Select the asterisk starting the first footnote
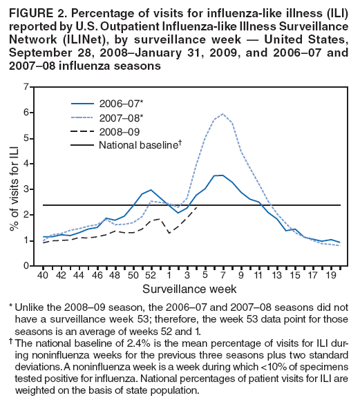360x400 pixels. [x=12, y=305]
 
